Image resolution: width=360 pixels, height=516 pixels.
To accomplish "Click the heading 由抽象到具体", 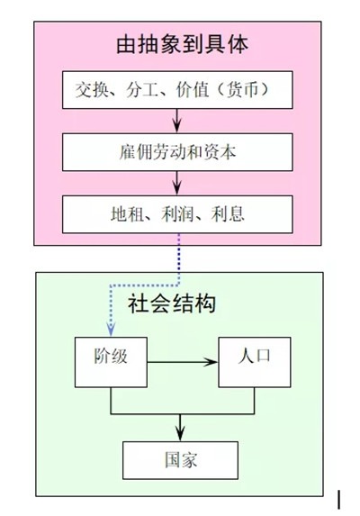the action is click(x=182, y=45).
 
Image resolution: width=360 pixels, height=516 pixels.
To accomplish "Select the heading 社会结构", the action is click(x=172, y=303).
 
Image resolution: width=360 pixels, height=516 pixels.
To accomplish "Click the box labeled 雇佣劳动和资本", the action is click(x=177, y=152).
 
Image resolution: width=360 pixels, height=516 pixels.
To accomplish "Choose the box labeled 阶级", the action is click(x=111, y=362).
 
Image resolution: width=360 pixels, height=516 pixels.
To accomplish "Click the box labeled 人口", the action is click(x=255, y=362).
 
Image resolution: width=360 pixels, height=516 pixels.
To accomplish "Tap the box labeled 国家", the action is click(x=181, y=460).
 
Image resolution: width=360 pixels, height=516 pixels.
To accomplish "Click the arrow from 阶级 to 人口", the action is click(x=182, y=362).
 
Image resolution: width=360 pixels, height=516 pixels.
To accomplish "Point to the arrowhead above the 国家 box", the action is click(x=180, y=433).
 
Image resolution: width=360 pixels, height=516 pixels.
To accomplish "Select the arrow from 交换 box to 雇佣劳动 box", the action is click(x=177, y=121).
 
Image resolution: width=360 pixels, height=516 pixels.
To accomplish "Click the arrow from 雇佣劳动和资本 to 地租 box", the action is click(x=177, y=183).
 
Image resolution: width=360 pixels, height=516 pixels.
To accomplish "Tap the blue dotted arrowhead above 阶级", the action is click(x=111, y=329).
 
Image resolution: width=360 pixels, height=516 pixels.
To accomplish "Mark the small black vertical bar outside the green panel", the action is click(x=338, y=500).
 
